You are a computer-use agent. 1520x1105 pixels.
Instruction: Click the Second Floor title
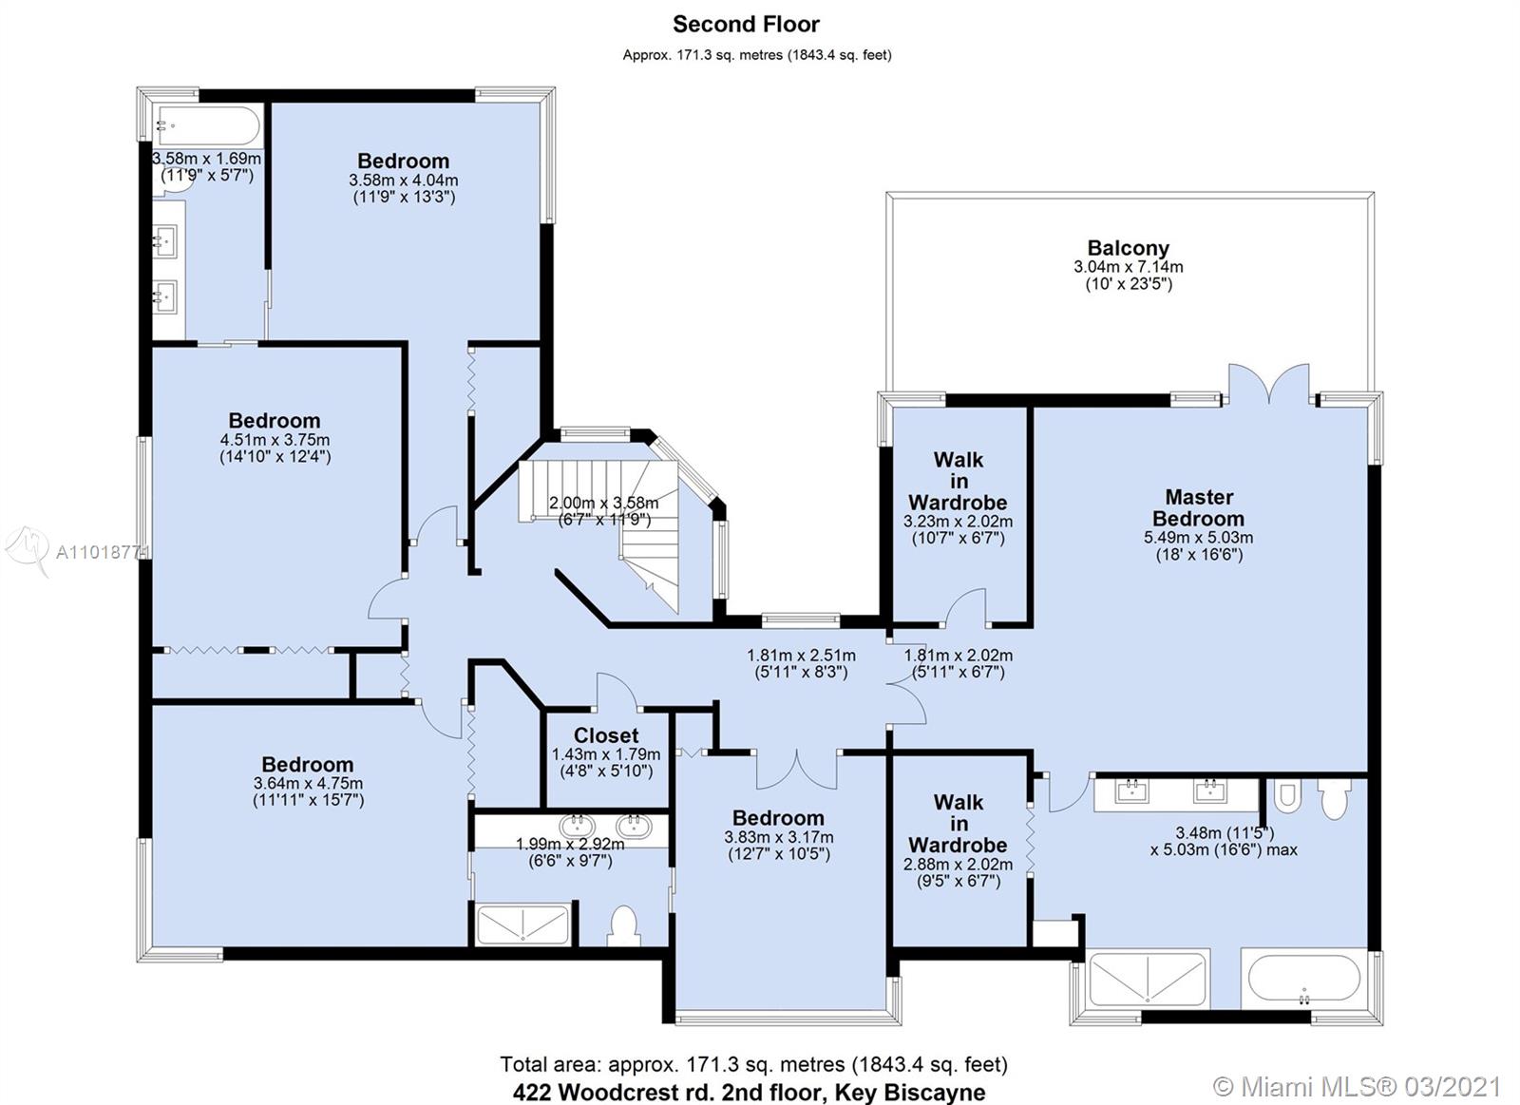click(746, 25)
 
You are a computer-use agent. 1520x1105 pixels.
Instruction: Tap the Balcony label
click(1129, 248)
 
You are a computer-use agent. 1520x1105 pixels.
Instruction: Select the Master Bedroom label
click(1198, 507)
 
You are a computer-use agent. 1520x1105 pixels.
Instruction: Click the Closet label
click(606, 735)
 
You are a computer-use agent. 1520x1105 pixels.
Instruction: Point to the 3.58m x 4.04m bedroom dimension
click(404, 181)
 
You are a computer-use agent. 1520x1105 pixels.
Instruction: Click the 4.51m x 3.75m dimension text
click(275, 440)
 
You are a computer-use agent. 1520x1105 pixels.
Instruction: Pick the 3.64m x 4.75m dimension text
click(308, 783)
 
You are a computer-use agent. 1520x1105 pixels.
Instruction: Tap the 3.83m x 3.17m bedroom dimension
click(779, 837)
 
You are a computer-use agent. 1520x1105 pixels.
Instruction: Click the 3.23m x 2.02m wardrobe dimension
click(958, 522)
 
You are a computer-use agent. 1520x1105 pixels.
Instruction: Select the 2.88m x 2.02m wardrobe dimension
click(958, 865)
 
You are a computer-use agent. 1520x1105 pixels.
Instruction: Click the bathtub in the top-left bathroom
click(206, 124)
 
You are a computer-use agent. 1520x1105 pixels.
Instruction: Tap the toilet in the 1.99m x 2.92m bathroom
click(623, 925)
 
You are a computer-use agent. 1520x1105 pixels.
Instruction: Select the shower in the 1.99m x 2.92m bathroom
click(522, 924)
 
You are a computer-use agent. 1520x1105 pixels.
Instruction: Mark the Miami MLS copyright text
click(1357, 1087)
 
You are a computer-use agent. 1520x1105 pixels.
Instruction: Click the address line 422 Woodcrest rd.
click(749, 1092)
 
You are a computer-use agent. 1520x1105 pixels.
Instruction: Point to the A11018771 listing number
click(102, 553)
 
